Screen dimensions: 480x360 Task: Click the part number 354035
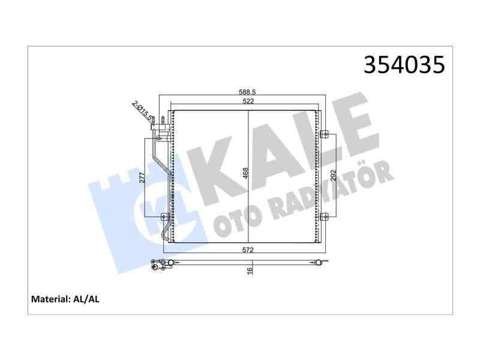[404, 65]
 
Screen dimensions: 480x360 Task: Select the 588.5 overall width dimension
[247, 92]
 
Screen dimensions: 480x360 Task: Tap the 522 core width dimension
[248, 101]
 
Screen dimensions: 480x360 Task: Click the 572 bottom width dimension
[248, 250]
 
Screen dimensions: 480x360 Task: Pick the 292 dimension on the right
[334, 176]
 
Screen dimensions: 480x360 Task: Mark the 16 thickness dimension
[250, 271]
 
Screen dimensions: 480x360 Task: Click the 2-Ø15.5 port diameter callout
[142, 110]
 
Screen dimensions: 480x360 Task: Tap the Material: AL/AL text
[65, 299]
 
